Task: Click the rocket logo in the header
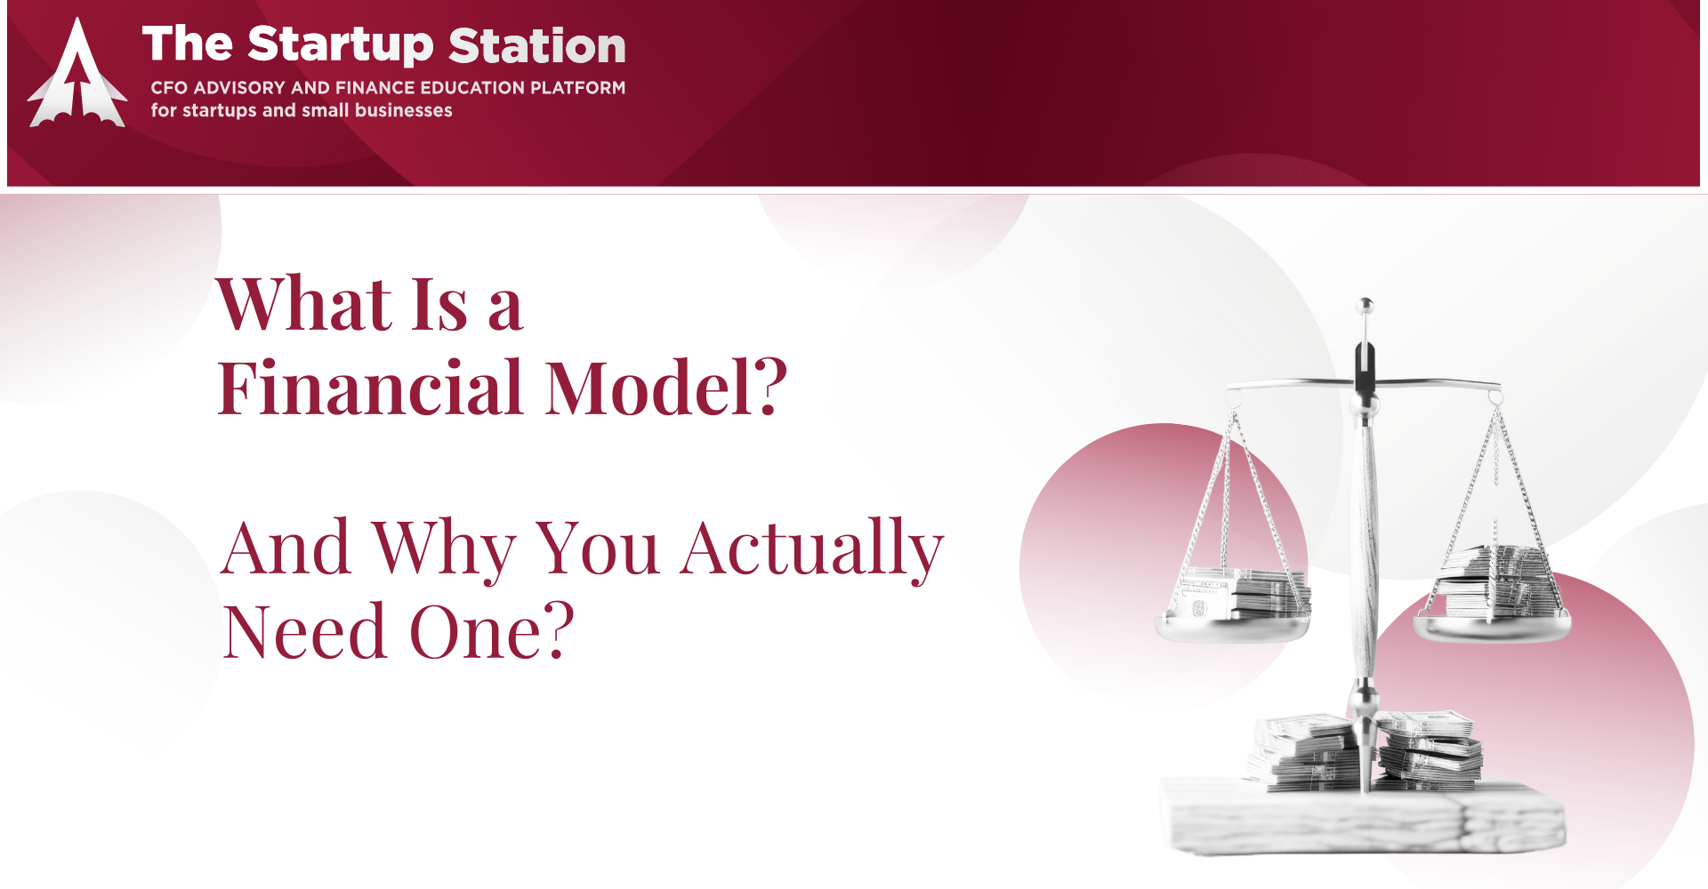77,74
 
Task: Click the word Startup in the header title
341,45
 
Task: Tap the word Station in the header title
537,45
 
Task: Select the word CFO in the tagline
168,88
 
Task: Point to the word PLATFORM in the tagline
577,88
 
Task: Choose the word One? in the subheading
492,631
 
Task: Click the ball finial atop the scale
1366,307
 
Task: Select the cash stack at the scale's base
1366,751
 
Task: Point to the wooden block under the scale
1363,816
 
